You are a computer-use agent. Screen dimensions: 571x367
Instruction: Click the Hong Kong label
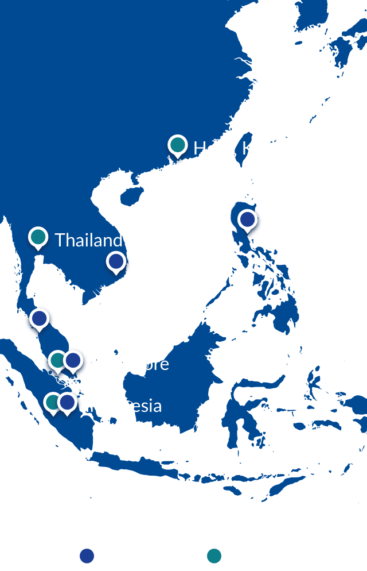point(238,148)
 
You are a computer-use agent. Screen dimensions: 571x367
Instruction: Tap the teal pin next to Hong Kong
point(178,146)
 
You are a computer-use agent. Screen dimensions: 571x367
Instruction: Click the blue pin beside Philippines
point(248,220)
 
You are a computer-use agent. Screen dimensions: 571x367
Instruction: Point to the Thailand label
point(88,240)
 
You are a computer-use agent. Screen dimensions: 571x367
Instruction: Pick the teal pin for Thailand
point(38,237)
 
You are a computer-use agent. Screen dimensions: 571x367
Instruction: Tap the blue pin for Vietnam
point(116,263)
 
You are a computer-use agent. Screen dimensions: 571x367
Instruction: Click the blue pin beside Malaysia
point(40,318)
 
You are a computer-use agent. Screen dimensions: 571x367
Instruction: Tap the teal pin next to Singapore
point(56,361)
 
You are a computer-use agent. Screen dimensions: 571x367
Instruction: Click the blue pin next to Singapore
point(73,361)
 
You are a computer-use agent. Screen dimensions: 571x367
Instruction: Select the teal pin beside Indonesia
point(52,403)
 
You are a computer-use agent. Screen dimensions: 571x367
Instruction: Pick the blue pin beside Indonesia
point(68,403)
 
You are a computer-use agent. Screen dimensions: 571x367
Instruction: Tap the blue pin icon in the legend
point(87,556)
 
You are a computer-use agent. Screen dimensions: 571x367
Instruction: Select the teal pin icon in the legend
point(214,556)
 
